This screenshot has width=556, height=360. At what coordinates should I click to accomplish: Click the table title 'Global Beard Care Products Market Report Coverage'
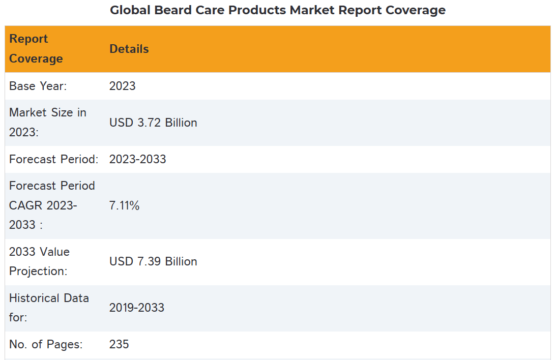click(x=278, y=10)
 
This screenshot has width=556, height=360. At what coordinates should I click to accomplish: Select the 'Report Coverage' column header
click(x=36, y=49)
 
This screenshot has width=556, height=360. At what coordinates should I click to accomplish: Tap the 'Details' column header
click(x=129, y=49)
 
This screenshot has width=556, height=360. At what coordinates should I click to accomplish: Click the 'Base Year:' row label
click(x=38, y=86)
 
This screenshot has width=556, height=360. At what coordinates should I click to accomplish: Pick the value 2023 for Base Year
click(x=122, y=86)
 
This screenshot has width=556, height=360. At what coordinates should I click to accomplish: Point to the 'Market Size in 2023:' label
click(x=47, y=123)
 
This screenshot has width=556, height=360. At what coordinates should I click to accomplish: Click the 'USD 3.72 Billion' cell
click(x=153, y=123)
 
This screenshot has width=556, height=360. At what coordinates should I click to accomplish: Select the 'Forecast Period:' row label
click(x=53, y=159)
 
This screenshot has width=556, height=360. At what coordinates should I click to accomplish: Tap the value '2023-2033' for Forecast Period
click(x=137, y=159)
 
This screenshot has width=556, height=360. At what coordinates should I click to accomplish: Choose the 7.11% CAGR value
click(x=124, y=205)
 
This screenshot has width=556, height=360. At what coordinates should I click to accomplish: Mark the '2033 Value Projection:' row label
click(x=39, y=261)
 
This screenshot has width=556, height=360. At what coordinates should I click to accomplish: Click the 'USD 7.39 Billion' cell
click(x=153, y=261)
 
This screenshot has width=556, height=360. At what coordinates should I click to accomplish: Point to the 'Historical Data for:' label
click(x=49, y=308)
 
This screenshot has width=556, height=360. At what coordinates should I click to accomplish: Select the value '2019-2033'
click(x=136, y=308)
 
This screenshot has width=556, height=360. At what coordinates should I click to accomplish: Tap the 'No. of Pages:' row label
click(x=46, y=344)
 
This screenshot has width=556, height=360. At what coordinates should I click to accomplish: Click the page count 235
click(x=119, y=344)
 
